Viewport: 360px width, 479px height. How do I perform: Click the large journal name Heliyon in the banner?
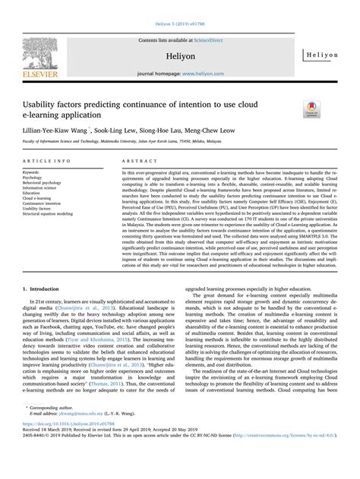(x=179, y=47)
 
